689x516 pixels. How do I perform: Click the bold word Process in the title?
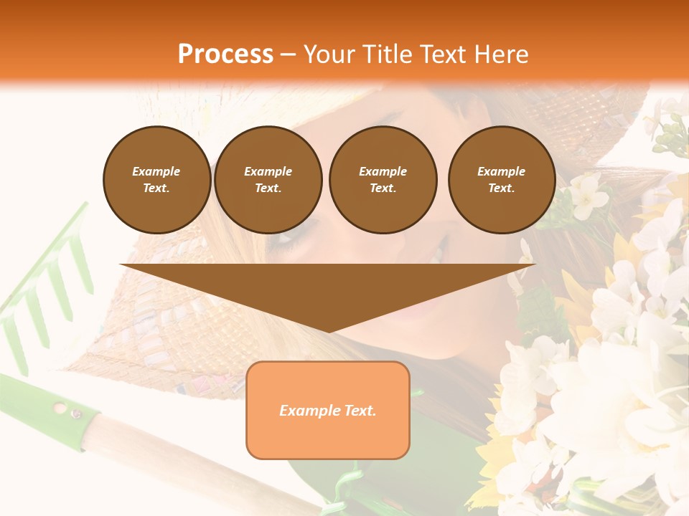pos(225,54)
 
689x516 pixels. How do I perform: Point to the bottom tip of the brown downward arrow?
pos(328,331)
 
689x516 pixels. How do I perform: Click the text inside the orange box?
pos(327,411)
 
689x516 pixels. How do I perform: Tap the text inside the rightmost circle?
pos(501,180)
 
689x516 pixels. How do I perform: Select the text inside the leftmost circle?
pos(156,180)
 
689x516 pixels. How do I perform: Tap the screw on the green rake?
pos(75,413)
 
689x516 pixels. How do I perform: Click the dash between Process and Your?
pos(288,54)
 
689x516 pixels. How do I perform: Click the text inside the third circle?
pos(383,180)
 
